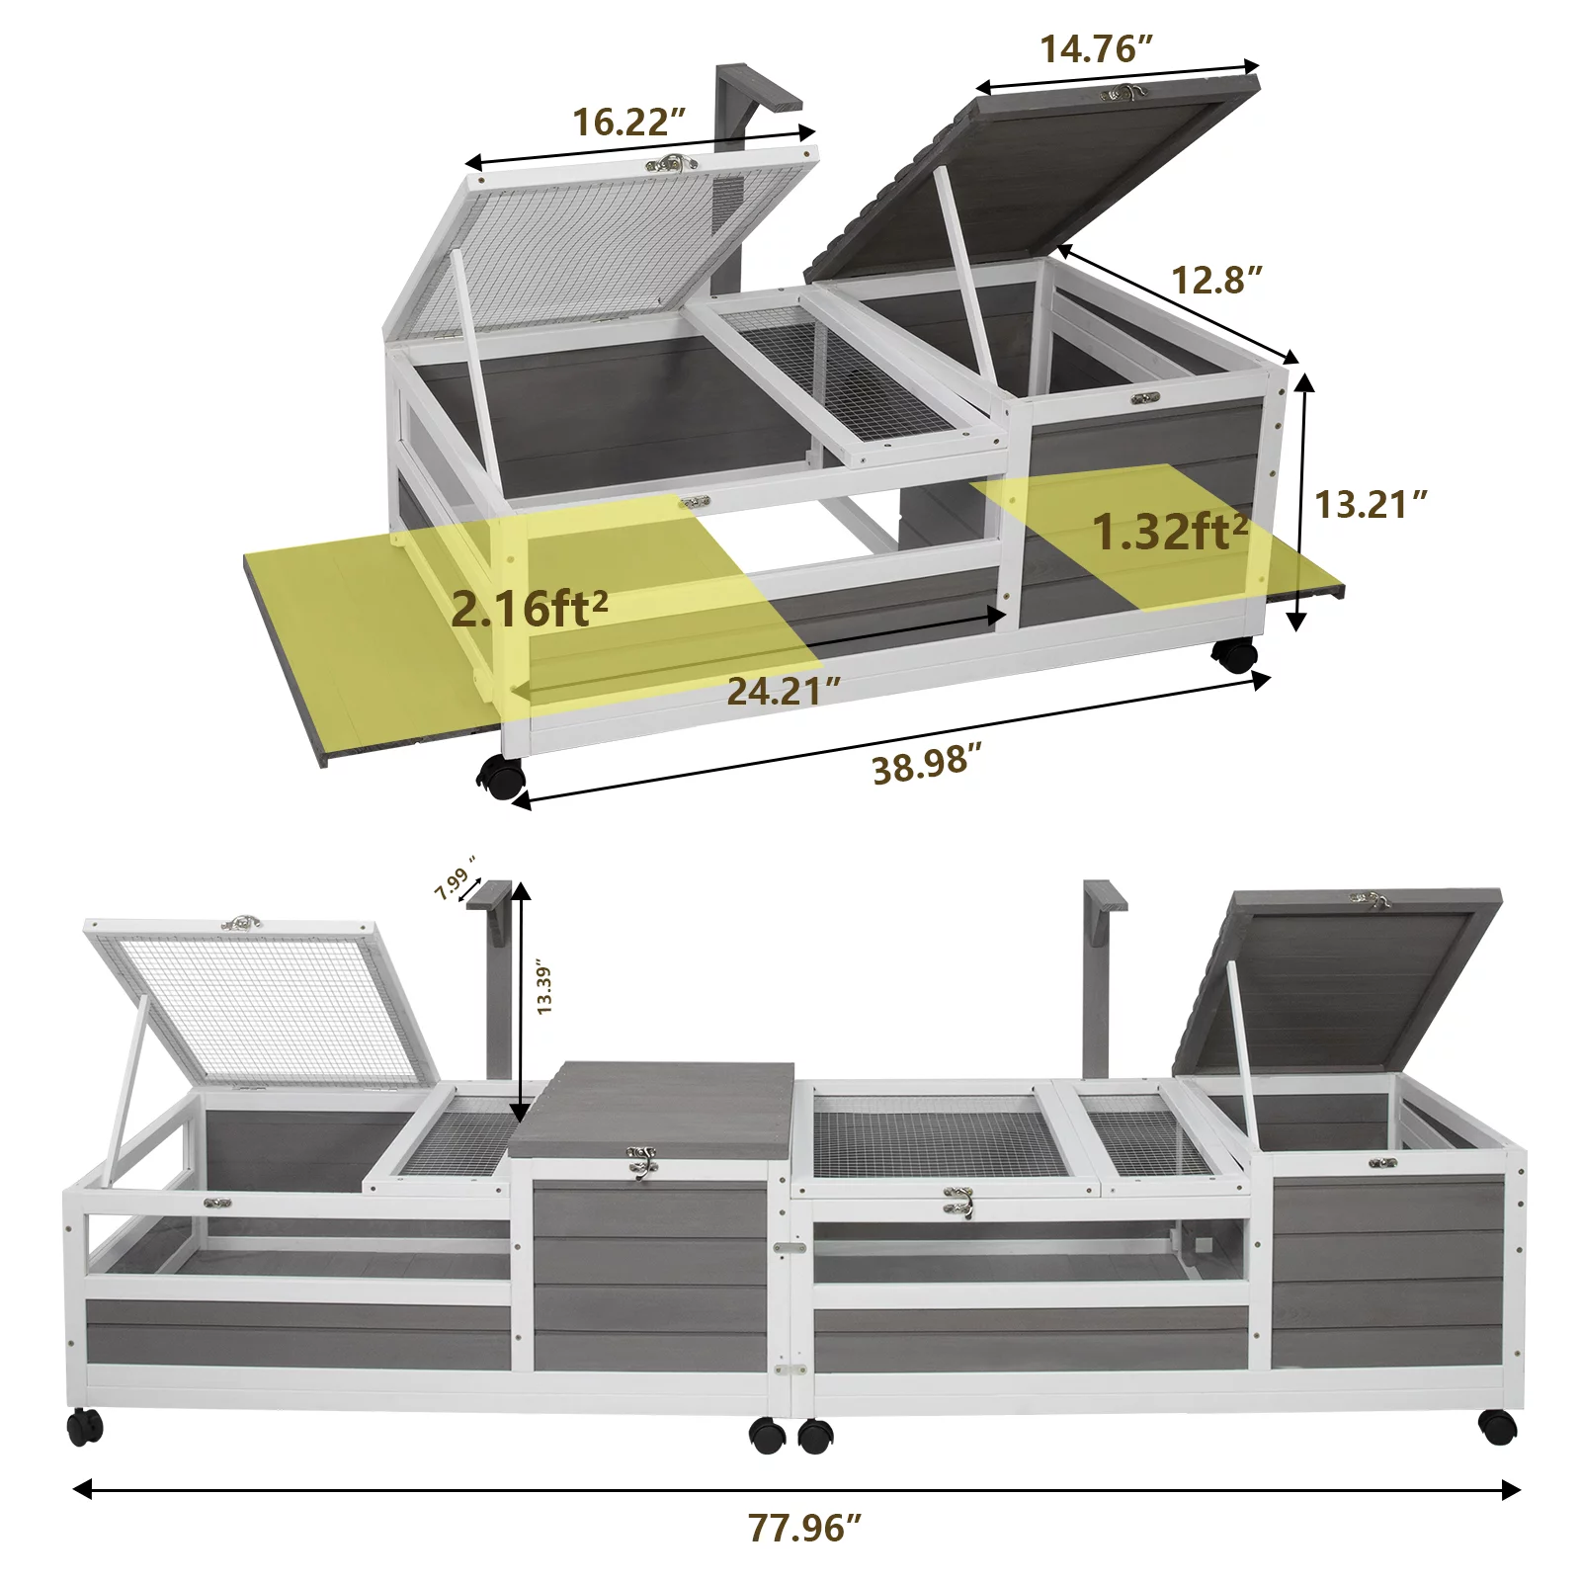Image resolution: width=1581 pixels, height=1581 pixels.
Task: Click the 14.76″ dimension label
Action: pyautogui.click(x=1096, y=48)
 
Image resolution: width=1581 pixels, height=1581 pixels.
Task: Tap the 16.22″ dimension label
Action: pyautogui.click(x=629, y=122)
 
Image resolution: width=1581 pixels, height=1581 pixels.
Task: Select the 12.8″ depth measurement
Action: pyautogui.click(x=1216, y=280)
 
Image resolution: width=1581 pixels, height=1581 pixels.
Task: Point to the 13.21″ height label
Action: pyautogui.click(x=1371, y=504)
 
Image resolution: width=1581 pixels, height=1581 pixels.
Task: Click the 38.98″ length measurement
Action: pyautogui.click(x=927, y=764)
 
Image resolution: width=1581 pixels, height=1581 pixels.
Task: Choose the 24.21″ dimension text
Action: pyautogui.click(x=785, y=691)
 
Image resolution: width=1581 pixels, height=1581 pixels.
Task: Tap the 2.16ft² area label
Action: pyautogui.click(x=529, y=607)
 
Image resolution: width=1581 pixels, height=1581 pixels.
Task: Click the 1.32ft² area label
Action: pyautogui.click(x=1170, y=531)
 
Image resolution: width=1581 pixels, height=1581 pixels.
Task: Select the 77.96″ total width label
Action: pyautogui.click(x=804, y=1527)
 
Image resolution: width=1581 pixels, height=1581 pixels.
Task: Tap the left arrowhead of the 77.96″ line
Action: pyautogui.click(x=83, y=1488)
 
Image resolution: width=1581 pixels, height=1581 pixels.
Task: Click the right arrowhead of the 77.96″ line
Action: pyautogui.click(x=1511, y=1489)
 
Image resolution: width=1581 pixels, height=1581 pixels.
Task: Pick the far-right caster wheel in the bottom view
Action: pyautogui.click(x=1498, y=1427)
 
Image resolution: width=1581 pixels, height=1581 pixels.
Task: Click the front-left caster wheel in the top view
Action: pyautogui.click(x=501, y=777)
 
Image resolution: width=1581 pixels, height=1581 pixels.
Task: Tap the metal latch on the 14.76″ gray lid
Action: pyautogui.click(x=1124, y=93)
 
